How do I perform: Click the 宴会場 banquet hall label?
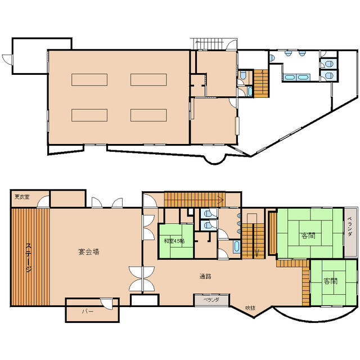pos(89,252)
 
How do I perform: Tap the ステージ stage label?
pos(29,257)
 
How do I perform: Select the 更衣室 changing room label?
pos(22,197)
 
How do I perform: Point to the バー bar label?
pos(88,312)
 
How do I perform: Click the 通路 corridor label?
pos(205,276)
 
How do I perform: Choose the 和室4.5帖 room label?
pos(175,241)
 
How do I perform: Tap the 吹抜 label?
pos(250,308)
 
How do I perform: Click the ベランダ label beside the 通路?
pos(211,300)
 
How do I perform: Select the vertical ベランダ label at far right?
pos(349,226)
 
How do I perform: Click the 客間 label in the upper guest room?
pos(308,236)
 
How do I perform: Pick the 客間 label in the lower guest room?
pos(331,281)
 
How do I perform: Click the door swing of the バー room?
pos(107,304)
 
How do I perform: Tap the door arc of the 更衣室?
pos(43,202)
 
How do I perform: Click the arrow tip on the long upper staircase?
pos(224,200)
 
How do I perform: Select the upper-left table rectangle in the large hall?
pos(89,80)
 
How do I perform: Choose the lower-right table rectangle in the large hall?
pos(148,115)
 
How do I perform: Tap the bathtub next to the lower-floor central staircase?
pos(236,247)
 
